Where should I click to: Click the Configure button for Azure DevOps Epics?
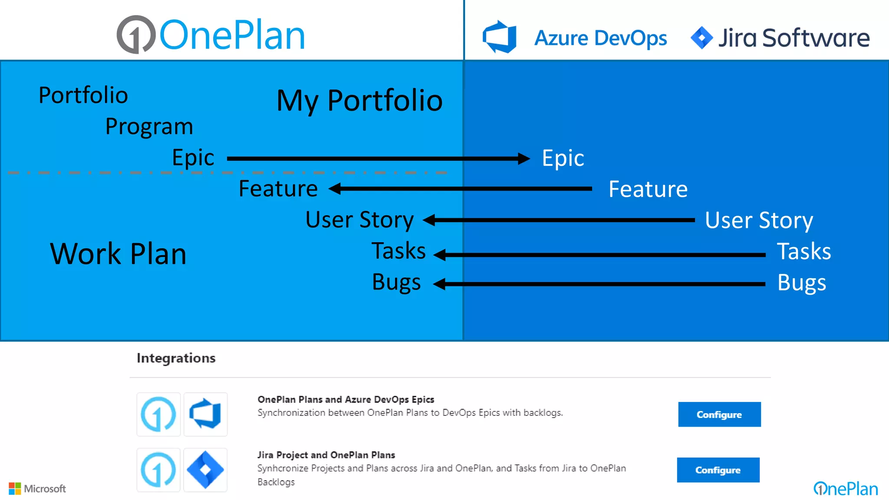coord(719,414)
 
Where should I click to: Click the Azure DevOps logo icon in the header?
coord(500,37)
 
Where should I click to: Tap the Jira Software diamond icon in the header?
coord(701,38)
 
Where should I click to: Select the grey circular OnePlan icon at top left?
coord(136,35)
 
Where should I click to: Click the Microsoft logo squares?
coord(15,489)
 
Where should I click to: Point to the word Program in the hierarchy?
coord(149,127)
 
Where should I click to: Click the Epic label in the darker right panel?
coord(563,158)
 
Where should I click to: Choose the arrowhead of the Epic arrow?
coord(524,158)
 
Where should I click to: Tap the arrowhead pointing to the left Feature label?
coord(335,188)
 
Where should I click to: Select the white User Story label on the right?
coord(759,220)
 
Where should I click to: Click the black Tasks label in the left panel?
coord(398,251)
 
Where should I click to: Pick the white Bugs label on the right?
coord(801,283)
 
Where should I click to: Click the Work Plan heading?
coord(118,253)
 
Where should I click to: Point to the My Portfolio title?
coord(359,101)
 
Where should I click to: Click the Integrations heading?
coord(176,358)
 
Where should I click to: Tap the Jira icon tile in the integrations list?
coord(205,470)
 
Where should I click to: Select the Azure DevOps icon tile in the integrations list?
coord(205,414)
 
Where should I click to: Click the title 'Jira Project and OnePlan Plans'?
coord(326,455)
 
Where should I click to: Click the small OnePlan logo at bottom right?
coord(845,489)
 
